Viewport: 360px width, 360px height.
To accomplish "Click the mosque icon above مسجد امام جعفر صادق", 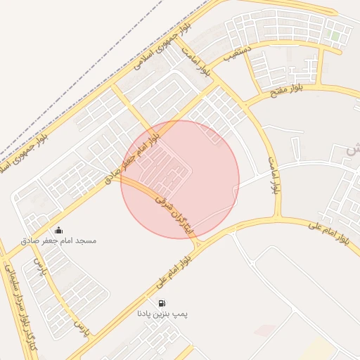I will [x=58, y=230].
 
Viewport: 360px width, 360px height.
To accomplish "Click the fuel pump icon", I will [x=163, y=304].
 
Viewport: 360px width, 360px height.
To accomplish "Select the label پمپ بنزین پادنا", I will [x=163, y=314].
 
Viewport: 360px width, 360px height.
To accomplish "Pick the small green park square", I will [x=335, y=34].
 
